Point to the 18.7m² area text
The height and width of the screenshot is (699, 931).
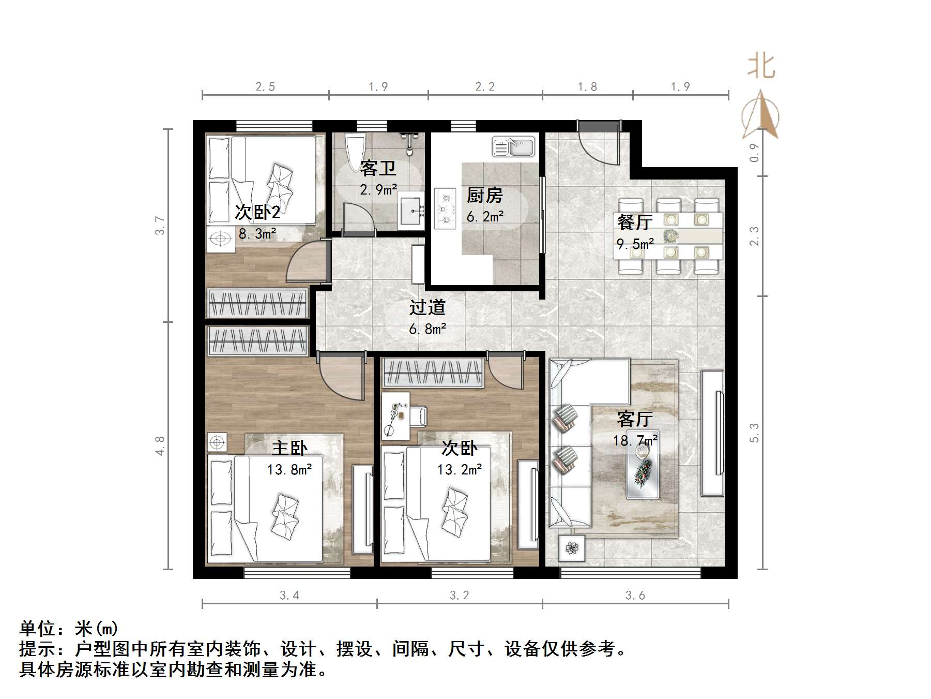[x=635, y=441]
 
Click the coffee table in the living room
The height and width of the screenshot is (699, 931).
[x=643, y=465]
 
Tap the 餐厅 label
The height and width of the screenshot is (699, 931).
[x=634, y=222]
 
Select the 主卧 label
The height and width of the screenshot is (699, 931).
[x=289, y=448]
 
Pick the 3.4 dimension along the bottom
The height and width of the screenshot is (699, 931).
[x=289, y=596]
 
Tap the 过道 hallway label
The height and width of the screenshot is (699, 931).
[x=427, y=307]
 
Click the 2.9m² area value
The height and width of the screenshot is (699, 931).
[x=378, y=190]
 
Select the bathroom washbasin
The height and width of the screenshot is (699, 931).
[x=411, y=211]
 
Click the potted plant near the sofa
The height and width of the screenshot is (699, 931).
[x=571, y=548]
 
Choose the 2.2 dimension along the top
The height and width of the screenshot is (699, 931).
[x=485, y=87]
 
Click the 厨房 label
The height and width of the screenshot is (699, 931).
[x=484, y=196]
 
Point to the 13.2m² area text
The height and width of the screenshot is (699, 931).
[x=460, y=470]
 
